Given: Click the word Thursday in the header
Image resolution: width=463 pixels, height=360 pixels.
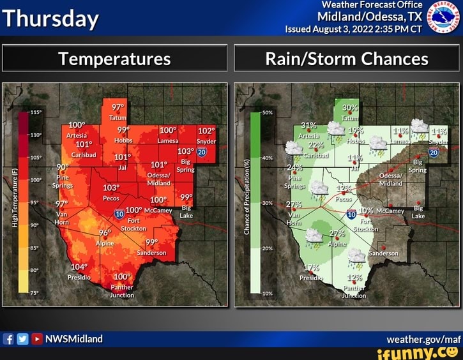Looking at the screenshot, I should pyautogui.click(x=51, y=19).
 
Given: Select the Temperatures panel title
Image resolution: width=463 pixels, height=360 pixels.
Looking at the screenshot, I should pyautogui.click(x=114, y=59).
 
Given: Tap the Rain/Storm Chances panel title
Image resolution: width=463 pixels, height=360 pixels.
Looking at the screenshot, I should pyautogui.click(x=347, y=59).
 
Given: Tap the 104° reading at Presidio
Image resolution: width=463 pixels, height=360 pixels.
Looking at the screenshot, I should pyautogui.click(x=80, y=267).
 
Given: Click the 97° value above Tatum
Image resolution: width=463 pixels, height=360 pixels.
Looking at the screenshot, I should pyautogui.click(x=118, y=107).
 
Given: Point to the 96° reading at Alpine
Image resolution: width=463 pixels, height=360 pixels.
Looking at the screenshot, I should pyautogui.click(x=105, y=233).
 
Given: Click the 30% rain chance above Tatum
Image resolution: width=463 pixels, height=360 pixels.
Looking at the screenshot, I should pyautogui.click(x=349, y=108).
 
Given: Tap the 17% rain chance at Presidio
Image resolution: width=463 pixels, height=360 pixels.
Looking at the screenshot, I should pyautogui.click(x=311, y=267).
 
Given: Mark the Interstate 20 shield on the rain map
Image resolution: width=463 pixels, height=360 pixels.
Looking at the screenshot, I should pyautogui.click(x=434, y=151).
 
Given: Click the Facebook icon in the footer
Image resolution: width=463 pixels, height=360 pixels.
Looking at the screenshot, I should pyautogui.click(x=9, y=339).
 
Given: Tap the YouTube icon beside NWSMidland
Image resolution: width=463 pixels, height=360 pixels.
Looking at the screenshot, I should pyautogui.click(x=36, y=339).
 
